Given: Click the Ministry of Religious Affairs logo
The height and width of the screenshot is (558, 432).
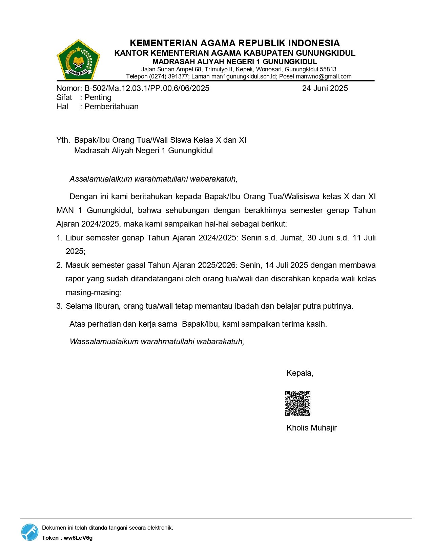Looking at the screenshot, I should click(78, 60).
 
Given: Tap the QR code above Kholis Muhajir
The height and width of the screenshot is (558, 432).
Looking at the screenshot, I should click(298, 403).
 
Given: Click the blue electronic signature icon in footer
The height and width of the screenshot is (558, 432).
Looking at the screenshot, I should click(30, 532).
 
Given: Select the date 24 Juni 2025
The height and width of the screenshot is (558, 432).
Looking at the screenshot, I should click(325, 88).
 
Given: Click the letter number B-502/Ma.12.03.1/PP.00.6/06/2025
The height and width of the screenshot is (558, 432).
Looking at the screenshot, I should click(147, 88).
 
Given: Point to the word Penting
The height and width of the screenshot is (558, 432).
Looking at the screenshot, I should click(98, 97).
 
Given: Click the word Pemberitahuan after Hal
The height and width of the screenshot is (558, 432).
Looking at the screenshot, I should click(111, 107).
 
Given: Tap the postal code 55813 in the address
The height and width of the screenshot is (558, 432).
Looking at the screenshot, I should click(328, 69).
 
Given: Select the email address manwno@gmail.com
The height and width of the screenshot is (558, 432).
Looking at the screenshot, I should click(324, 76).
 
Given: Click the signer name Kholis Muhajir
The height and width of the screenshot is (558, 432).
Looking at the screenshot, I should click(311, 428).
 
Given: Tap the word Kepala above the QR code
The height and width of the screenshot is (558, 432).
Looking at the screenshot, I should click(300, 373).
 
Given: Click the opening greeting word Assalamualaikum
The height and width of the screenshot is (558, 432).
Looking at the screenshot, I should click(101, 179).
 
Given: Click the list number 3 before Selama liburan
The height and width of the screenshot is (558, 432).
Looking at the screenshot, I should click(59, 306).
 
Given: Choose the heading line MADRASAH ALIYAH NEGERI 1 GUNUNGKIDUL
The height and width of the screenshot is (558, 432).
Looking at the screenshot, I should click(234, 62).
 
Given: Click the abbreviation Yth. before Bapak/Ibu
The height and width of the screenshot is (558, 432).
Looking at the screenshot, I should click(63, 140).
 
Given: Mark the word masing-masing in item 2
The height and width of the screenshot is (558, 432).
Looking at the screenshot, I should click(93, 293).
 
